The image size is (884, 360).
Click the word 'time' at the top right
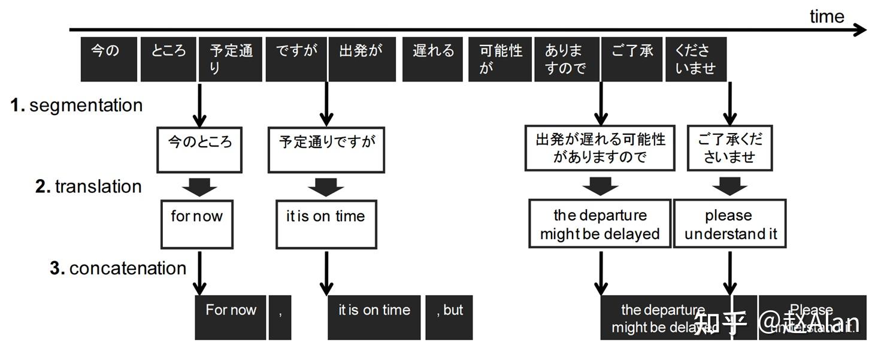827,16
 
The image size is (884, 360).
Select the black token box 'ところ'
168,59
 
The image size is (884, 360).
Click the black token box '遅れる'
433,59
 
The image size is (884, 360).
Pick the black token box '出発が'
361,59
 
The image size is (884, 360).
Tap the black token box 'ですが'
296,59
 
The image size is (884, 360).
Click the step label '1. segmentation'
77,105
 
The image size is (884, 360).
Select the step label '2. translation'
89,186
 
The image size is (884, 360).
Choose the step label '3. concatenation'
118,268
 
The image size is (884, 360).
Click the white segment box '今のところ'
199,149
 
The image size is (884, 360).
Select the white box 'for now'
196,224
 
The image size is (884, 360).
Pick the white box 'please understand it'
730,224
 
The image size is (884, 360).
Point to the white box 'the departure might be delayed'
600,224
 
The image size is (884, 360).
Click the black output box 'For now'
231,317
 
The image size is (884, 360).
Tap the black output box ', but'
449,317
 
